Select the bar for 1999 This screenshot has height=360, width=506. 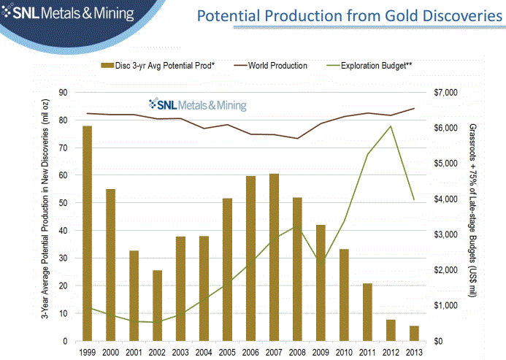(87, 234)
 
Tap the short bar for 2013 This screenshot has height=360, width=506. (414, 333)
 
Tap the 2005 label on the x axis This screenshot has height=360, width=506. (227, 351)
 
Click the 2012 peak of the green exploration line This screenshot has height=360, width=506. (391, 126)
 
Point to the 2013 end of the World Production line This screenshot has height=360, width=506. (414, 108)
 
